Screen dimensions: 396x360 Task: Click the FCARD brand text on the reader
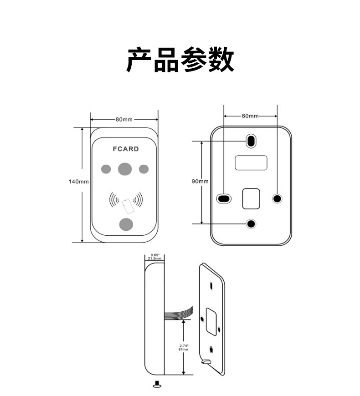coord(125,149)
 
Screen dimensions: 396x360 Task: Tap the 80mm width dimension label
coord(124,120)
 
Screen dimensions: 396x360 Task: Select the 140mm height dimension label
coord(78,181)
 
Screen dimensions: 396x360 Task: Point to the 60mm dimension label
coord(250,116)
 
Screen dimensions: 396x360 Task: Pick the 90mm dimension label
coord(200,181)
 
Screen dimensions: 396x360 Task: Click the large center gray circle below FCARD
coord(125,169)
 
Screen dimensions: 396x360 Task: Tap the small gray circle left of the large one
coord(106,169)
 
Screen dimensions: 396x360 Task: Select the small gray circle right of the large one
coord(144,169)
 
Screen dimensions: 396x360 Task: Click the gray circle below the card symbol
coord(125,224)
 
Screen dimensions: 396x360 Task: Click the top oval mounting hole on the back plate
coord(251,141)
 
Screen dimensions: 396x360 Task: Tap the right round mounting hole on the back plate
coord(277,198)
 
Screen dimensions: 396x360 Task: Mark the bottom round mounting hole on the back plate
coord(251,223)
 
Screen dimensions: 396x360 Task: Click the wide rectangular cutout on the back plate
coord(251,162)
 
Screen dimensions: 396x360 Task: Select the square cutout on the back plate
coord(251,198)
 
